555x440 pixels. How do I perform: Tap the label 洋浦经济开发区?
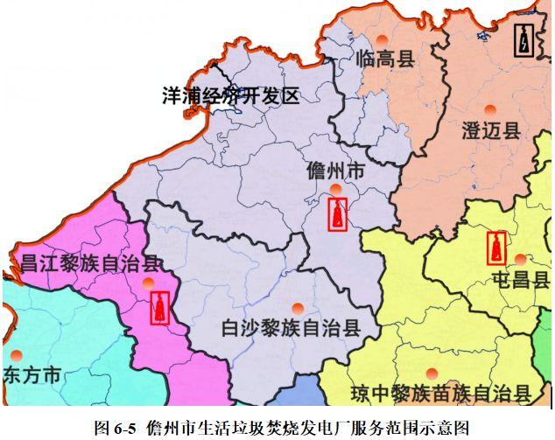point(231,95)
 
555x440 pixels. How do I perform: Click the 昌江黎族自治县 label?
point(90,262)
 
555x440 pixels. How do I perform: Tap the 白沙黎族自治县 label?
point(291,328)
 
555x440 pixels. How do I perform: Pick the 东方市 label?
point(32,376)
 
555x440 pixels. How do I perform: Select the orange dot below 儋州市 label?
point(336,189)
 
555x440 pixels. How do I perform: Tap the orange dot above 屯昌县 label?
point(521,260)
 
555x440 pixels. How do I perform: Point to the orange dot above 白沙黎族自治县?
point(298,308)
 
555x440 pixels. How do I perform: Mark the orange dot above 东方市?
point(17,355)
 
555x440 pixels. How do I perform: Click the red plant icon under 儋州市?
point(337,213)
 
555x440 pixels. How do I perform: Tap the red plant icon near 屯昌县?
point(497,247)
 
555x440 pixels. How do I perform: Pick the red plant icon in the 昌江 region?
point(159,307)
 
